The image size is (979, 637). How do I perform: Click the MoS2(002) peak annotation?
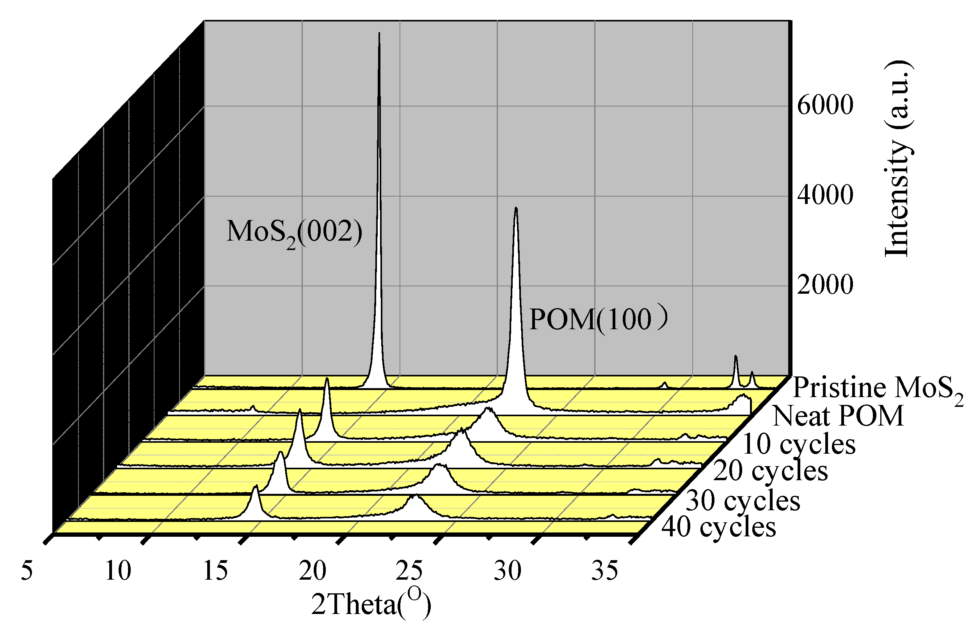294,232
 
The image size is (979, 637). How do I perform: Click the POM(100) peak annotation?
598,319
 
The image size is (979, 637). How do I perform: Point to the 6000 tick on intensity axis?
825,105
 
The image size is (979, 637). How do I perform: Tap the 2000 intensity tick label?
825,285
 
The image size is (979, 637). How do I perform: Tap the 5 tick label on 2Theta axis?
27,571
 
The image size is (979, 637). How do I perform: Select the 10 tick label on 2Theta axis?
118,571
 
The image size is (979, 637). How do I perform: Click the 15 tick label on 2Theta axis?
215,571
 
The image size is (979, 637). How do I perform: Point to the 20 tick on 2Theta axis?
313,571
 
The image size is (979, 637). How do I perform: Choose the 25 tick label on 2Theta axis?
410,571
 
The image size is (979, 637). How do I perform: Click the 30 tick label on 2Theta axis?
508,571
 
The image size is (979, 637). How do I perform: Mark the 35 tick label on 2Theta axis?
605,571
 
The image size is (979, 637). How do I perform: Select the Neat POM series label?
838,416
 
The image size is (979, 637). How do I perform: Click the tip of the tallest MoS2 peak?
379,33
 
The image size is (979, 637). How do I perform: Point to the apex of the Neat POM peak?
516,208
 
